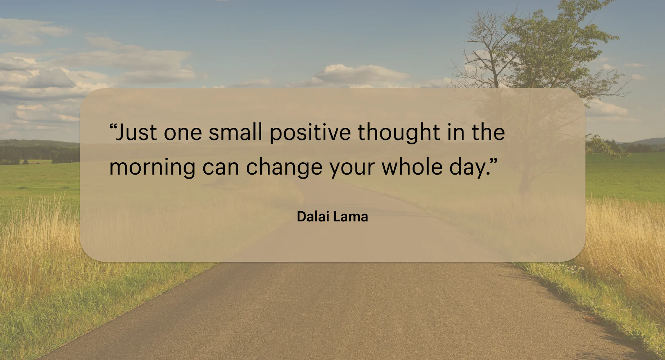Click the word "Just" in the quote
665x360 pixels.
(137, 132)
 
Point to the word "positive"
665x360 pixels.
(310, 134)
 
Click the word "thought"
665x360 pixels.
(399, 133)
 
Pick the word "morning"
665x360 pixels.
(152, 168)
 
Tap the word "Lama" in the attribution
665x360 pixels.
(351, 216)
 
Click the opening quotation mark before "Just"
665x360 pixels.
(113, 127)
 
